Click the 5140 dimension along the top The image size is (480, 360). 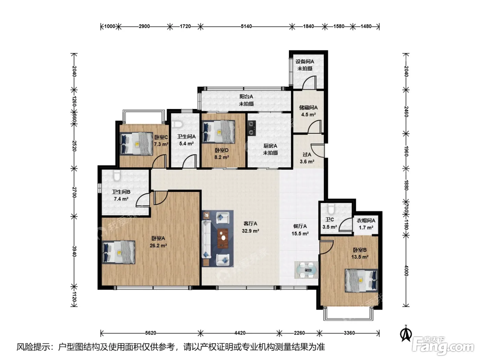[246, 26]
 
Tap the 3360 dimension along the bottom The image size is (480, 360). [349, 333]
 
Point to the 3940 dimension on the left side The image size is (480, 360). [74, 251]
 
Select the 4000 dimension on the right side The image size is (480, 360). [406, 271]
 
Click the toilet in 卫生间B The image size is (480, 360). [117, 176]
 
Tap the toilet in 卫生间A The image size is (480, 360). [177, 124]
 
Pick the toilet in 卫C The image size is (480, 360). [331, 209]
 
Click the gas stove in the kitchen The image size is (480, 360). [252, 128]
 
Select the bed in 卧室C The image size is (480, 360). [136, 144]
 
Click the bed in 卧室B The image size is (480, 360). [361, 281]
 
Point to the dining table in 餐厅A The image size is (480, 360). [306, 270]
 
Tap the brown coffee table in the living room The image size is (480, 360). [223, 239]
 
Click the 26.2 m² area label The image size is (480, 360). [158, 245]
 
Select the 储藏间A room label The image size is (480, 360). [308, 108]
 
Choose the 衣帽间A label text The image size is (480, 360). [366, 220]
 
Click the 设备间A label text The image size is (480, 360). [305, 62]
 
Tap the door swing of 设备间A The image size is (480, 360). [309, 82]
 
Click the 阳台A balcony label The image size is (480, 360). [246, 97]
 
